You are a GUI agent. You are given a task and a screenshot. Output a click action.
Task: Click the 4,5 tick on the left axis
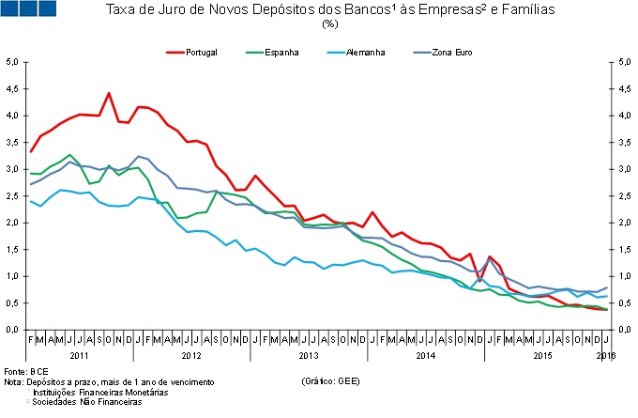pos(13,89)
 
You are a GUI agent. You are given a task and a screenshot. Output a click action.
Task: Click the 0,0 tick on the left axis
pos(13,330)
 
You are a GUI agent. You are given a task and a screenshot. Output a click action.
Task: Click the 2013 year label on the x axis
pos(308,357)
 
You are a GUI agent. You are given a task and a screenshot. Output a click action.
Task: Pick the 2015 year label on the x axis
pos(541,357)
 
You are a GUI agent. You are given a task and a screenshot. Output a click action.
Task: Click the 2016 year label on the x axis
pos(605,357)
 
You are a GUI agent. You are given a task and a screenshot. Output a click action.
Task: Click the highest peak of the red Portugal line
pos(109,93)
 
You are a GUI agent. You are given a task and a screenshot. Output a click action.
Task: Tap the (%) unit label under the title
pos(329,24)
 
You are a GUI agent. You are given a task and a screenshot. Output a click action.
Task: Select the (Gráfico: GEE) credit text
pos(330,383)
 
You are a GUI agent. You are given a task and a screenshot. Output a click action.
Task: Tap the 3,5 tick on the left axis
pos(13,143)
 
